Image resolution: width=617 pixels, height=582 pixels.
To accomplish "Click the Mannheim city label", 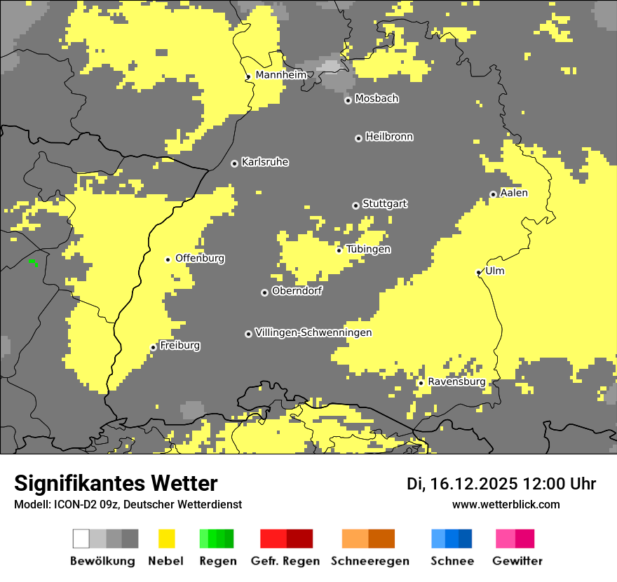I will click(x=280, y=75).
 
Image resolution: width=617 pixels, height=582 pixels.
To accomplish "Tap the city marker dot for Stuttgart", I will click(x=355, y=205).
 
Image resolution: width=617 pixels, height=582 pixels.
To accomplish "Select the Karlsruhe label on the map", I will click(x=265, y=163).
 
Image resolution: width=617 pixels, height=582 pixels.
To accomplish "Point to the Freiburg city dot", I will click(x=154, y=347).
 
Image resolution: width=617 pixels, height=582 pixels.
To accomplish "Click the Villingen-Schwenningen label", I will click(x=313, y=333).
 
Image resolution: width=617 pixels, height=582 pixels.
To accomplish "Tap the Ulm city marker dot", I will click(x=479, y=272).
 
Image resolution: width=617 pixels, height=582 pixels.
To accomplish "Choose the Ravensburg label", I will click(x=456, y=382).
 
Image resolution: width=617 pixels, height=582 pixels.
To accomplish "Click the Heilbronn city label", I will click(x=389, y=137).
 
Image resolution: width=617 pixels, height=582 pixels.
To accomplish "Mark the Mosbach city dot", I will click(x=348, y=100).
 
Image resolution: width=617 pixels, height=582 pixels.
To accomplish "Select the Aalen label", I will click(x=514, y=193).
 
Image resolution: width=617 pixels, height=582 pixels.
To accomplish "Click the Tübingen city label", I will click(x=368, y=250).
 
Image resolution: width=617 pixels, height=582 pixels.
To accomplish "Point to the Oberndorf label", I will click(x=297, y=291).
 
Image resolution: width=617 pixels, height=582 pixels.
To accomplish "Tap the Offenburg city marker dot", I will click(x=168, y=259).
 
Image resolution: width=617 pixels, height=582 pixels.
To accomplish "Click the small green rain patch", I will click(x=33, y=263).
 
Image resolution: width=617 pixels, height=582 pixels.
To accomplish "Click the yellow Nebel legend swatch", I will click(x=166, y=539).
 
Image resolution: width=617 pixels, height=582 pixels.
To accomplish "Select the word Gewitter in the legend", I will click(x=517, y=561).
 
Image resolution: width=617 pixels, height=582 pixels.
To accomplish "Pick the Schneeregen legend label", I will click(x=369, y=561).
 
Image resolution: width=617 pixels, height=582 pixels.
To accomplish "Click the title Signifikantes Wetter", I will click(x=116, y=483).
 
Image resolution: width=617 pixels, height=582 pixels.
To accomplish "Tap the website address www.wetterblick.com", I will click(x=506, y=504).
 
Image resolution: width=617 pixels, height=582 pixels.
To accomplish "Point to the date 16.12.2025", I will click(x=474, y=484).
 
